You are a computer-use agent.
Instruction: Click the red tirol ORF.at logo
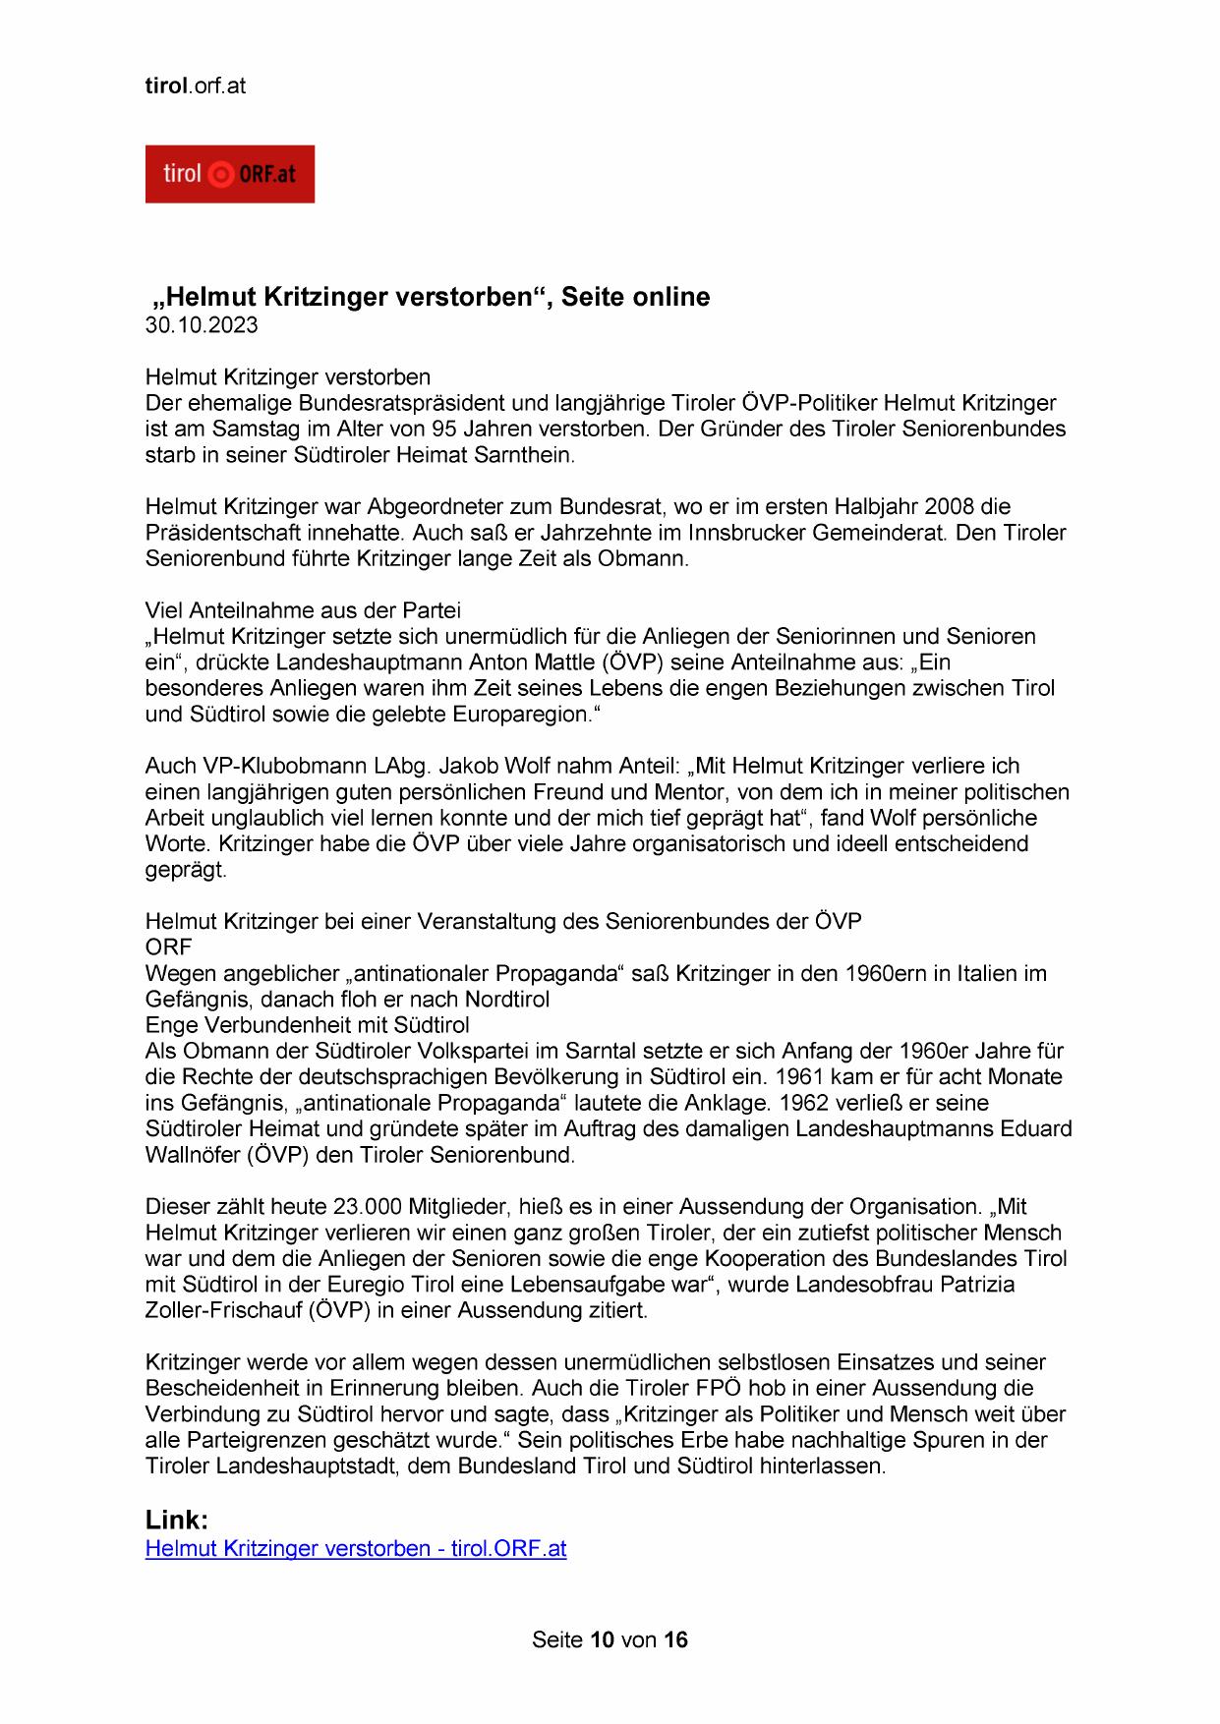coord(229,174)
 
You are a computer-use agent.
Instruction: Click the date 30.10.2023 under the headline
coord(202,325)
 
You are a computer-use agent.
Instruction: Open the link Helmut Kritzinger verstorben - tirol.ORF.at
coord(355,1548)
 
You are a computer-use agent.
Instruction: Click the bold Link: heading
coord(177,1520)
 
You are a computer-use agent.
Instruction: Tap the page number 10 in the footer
coord(602,1639)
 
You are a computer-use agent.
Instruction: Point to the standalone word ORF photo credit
coord(168,948)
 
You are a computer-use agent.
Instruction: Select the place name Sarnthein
coord(523,455)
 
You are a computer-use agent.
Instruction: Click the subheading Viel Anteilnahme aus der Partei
coord(303,610)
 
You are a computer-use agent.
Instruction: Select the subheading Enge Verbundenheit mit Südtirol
coord(308,1025)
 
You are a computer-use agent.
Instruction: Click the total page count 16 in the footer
coord(675,1639)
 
